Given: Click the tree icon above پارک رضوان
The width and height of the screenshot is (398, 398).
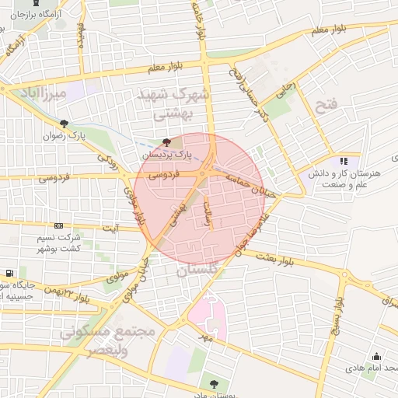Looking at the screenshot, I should pos(64,123).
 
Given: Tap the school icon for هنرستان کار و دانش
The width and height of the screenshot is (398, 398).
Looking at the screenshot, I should pos(344,161).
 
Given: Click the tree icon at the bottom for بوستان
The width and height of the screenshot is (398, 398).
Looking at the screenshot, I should pos(214,383).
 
